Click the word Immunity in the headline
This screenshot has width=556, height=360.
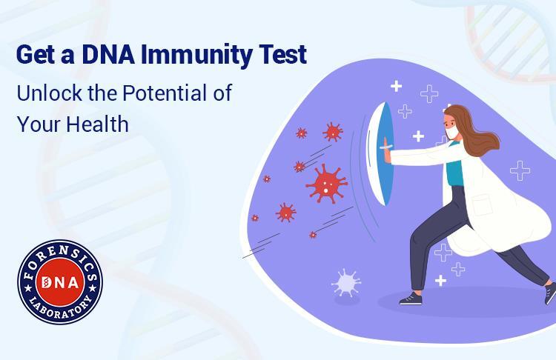coord(196,56)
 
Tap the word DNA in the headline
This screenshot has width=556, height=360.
coord(107,54)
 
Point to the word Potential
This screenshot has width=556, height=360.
coord(165,93)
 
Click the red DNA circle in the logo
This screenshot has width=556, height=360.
coord(60,282)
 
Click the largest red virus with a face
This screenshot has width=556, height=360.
coord(327,184)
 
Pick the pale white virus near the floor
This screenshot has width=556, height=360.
coord(345,283)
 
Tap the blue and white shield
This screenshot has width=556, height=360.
coord(380,154)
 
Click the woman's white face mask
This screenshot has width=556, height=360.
coord(451,133)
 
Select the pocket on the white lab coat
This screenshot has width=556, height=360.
coord(483,204)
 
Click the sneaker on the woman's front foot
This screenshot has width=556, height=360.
coord(411,299)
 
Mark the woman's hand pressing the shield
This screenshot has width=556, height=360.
coord(386,153)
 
